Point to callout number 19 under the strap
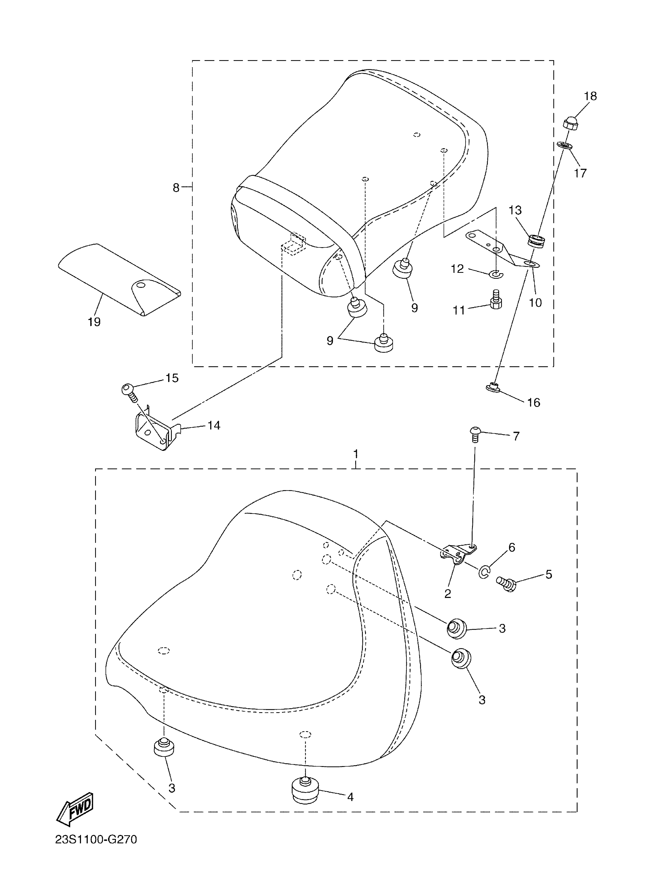[x=94, y=322]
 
